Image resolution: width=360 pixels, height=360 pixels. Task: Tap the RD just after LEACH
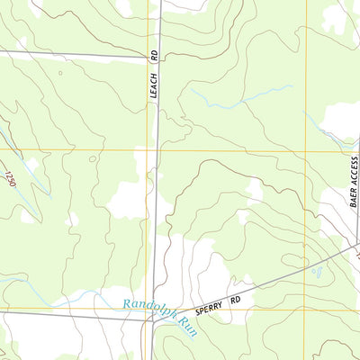(x=154, y=56)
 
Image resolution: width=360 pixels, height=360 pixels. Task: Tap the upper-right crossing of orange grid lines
(x=306, y=149)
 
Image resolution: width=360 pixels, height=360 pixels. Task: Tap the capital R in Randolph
(x=127, y=305)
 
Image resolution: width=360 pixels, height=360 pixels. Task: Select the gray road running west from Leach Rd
(x=72, y=56)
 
